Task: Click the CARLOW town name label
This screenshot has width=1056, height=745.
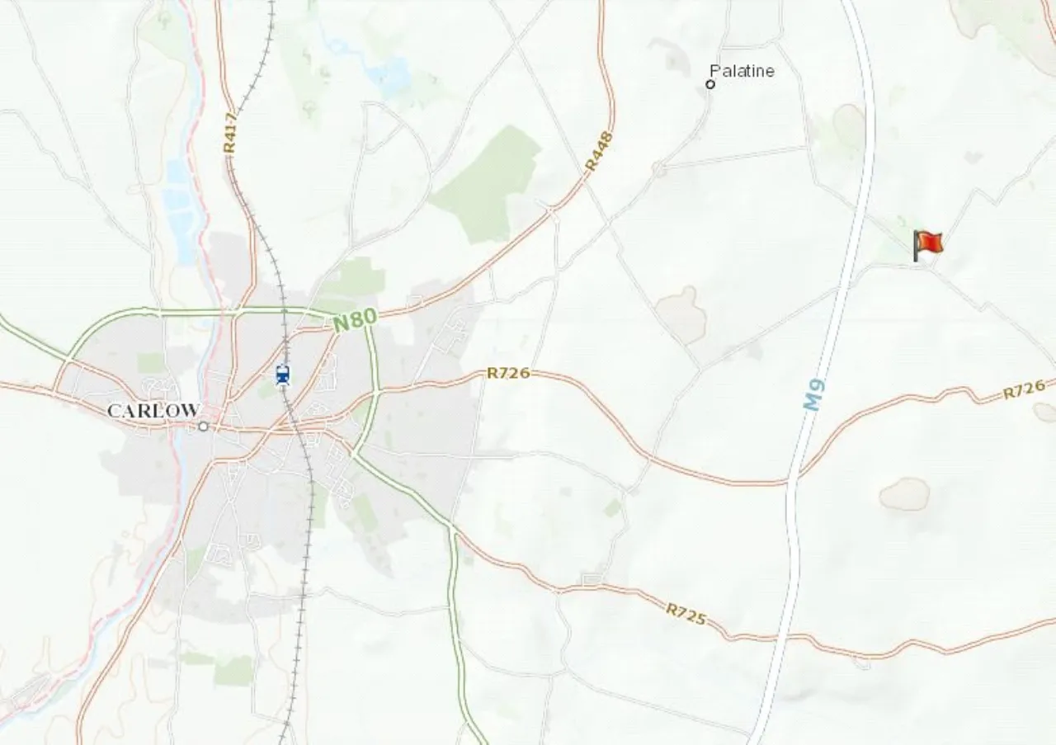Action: tap(153, 410)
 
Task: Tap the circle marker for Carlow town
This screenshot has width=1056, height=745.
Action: tap(203, 427)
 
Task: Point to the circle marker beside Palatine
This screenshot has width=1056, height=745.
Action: tap(710, 84)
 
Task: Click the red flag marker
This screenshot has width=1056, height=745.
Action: tap(927, 244)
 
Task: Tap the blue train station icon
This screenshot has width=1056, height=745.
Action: tap(283, 375)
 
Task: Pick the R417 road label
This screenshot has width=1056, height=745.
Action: tap(230, 132)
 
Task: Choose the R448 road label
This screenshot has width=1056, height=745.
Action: tap(600, 150)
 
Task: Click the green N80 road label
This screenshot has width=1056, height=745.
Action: tap(355, 320)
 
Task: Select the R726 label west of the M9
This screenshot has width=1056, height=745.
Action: tap(507, 373)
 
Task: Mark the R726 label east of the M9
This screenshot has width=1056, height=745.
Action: tap(1024, 389)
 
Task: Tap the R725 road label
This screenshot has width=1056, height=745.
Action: tap(686, 614)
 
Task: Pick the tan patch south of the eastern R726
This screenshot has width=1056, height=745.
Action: tap(904, 493)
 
